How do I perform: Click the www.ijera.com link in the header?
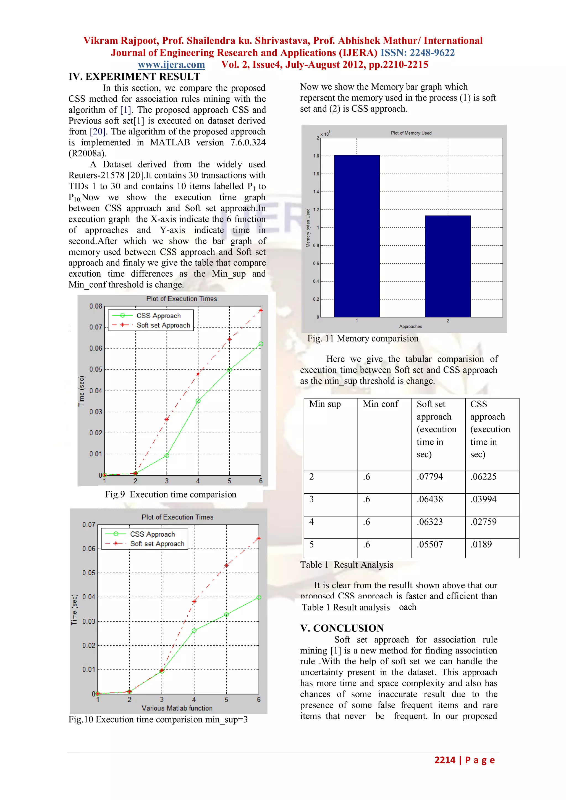click(x=171, y=65)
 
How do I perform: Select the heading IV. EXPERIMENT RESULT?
click(x=135, y=77)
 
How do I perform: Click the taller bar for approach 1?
click(x=357, y=236)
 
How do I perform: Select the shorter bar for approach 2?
click(x=447, y=266)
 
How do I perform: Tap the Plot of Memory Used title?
click(x=411, y=133)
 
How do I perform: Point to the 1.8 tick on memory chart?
click(x=316, y=156)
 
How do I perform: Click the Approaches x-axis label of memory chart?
click(x=411, y=326)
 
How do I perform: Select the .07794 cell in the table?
click(x=430, y=477)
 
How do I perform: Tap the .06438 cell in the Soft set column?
click(x=430, y=499)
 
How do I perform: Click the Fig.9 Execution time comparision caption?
click(x=171, y=494)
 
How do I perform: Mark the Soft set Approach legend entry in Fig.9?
click(x=163, y=325)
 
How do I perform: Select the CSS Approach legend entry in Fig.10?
click(x=152, y=534)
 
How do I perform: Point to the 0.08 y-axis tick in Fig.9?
click(x=96, y=306)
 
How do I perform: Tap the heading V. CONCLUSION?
click(x=342, y=628)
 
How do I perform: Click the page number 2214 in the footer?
click(x=445, y=760)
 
